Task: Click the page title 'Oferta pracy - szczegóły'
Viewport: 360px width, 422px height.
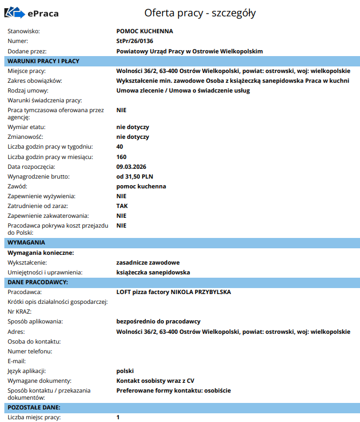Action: tap(200, 13)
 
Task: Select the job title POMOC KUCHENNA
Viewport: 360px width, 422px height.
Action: tap(144, 32)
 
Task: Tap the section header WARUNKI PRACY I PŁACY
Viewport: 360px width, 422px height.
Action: tap(44, 61)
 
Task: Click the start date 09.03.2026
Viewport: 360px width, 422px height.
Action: tap(132, 167)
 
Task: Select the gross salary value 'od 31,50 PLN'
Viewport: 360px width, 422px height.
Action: tap(135, 176)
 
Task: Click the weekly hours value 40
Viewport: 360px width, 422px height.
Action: tap(120, 147)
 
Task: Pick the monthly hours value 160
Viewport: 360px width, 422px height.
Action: tap(121, 157)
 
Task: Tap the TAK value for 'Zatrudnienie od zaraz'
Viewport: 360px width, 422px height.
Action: tap(122, 206)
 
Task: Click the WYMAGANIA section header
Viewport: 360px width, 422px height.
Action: tap(27, 242)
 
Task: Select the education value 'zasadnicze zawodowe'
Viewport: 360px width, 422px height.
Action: tap(148, 262)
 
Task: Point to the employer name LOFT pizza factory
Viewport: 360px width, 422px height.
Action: tap(174, 292)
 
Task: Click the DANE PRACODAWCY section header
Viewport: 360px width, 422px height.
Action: tap(38, 282)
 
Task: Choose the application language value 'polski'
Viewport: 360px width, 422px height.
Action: tap(125, 371)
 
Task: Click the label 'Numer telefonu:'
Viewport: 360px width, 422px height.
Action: tap(30, 351)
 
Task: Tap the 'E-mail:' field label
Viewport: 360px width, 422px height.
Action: tap(17, 361)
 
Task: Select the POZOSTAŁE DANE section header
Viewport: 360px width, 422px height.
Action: tap(34, 407)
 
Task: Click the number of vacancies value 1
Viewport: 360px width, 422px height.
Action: tap(118, 417)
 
